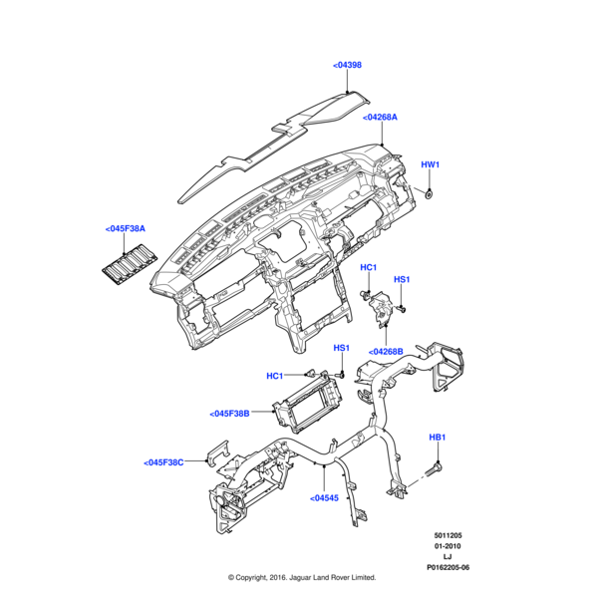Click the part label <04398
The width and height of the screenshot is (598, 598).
coord(347,65)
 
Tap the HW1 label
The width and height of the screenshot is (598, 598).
coord(430,164)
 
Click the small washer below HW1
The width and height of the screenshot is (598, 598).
coord(429,191)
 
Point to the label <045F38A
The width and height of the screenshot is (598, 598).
coord(125,229)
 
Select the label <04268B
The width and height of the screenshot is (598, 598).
coord(385,352)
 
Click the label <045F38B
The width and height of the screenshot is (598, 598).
coord(229,414)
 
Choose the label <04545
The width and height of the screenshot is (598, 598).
coord(325,498)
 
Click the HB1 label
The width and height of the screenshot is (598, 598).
coord(438,438)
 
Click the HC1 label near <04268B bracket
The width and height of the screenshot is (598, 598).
coord(368,268)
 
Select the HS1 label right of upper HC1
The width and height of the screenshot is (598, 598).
coord(402,280)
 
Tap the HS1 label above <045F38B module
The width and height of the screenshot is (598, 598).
coord(340,348)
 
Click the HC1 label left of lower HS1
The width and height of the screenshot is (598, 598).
coord(275,376)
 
